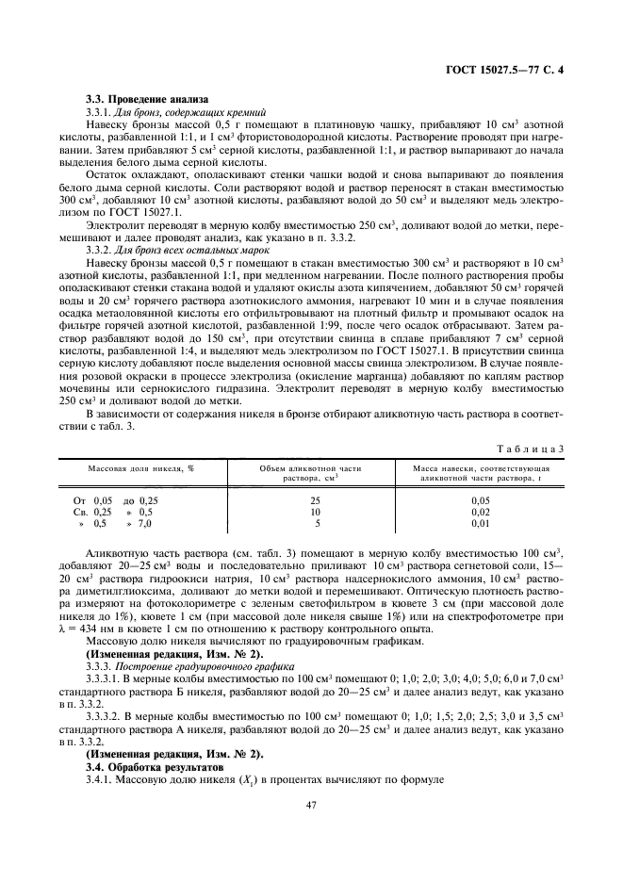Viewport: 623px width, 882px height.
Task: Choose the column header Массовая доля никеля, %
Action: [141, 467]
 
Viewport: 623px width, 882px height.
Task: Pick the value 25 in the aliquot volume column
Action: [317, 499]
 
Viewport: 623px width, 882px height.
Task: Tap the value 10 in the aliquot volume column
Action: [317, 511]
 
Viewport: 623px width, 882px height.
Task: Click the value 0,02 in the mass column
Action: [481, 511]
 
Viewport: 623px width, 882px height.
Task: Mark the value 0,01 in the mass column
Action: [481, 522]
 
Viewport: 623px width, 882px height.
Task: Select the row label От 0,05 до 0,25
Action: [116, 499]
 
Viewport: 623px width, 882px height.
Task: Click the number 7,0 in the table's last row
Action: [144, 522]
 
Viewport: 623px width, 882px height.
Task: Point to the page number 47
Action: [311, 805]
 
